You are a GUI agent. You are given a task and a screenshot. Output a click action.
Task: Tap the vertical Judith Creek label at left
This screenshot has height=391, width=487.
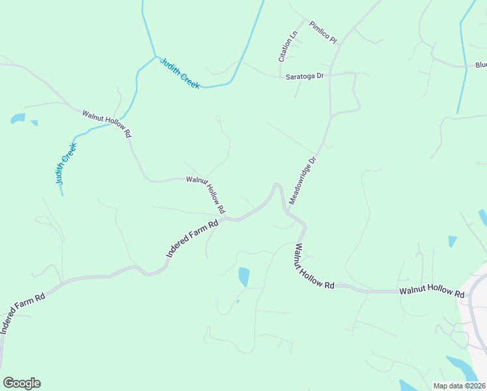65,164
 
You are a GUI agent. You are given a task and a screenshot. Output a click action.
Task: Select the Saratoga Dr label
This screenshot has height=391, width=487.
305,77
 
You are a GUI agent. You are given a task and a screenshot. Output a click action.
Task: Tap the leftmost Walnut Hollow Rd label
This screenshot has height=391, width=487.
107,124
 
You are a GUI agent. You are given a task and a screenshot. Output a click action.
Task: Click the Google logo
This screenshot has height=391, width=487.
21,383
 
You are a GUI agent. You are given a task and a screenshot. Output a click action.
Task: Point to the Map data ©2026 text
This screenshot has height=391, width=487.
459,386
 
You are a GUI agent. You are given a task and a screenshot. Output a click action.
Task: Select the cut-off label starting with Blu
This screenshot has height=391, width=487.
480,65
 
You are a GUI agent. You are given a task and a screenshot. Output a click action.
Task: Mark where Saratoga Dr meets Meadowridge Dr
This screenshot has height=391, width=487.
330,75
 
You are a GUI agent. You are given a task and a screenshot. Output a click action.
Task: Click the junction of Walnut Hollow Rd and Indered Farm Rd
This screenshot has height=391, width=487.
225,220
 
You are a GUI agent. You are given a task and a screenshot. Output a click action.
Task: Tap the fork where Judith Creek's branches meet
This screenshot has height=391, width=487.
155,57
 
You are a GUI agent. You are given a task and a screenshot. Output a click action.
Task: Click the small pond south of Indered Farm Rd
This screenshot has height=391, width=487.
244,276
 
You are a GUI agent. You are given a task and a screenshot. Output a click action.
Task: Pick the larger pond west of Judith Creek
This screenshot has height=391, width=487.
18,119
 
